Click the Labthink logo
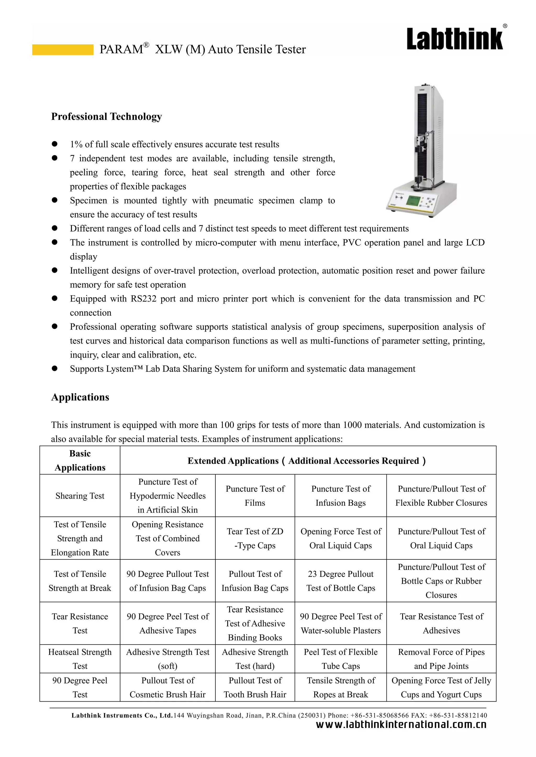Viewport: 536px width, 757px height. point(455,39)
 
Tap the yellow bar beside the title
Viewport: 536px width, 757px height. point(63,49)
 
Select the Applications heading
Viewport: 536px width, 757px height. point(80,397)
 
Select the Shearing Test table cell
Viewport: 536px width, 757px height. point(80,496)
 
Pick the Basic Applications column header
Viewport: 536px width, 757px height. point(80,460)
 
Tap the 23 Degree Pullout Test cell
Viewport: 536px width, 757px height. point(340,581)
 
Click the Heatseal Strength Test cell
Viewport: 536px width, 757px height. point(80,659)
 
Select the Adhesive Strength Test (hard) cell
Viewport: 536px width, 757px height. point(255,659)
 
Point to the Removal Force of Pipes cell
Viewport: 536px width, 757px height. point(441,659)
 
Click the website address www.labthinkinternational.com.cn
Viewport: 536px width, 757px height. point(401,725)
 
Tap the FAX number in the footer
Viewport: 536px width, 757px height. point(462,715)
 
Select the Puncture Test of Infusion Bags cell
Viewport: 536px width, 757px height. point(340,496)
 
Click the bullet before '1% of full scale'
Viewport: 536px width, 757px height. point(55,144)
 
